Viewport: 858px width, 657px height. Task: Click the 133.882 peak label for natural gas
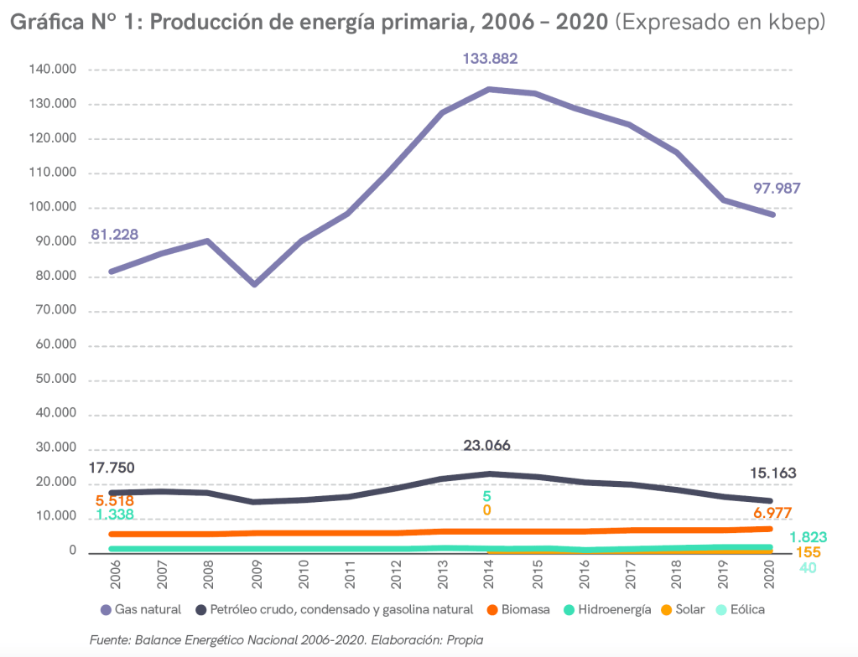click(x=490, y=59)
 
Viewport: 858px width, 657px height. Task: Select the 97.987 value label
click(x=776, y=188)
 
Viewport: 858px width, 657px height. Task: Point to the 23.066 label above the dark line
click(x=486, y=445)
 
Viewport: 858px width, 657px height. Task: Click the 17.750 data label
click(x=112, y=468)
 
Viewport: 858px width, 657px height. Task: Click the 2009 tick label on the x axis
click(x=256, y=575)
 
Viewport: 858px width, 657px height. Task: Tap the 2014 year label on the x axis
click(x=488, y=575)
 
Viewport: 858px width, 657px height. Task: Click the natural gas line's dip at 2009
click(x=254, y=284)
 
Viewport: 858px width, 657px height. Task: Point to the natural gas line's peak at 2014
click(x=488, y=89)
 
